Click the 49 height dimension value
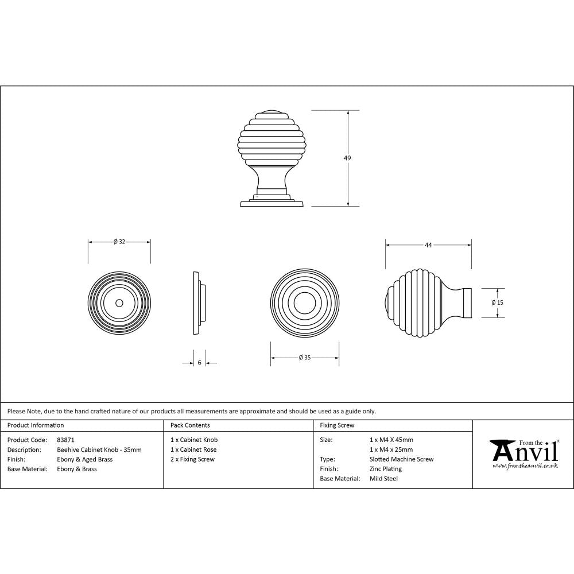(347, 158)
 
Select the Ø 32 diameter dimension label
(119, 242)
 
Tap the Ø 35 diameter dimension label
(304, 358)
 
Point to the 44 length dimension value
(428, 245)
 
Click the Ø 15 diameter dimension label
(497, 302)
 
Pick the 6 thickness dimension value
(199, 363)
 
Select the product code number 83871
(66, 440)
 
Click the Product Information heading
(36, 425)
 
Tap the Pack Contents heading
(190, 425)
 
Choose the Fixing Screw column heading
(337, 425)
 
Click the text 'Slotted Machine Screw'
(402, 459)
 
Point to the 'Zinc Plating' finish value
(386, 469)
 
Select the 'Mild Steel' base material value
(384, 479)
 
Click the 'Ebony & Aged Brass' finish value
(85, 459)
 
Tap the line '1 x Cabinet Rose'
(193, 449)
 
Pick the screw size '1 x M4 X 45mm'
(391, 440)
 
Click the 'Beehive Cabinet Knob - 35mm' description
(99, 449)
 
